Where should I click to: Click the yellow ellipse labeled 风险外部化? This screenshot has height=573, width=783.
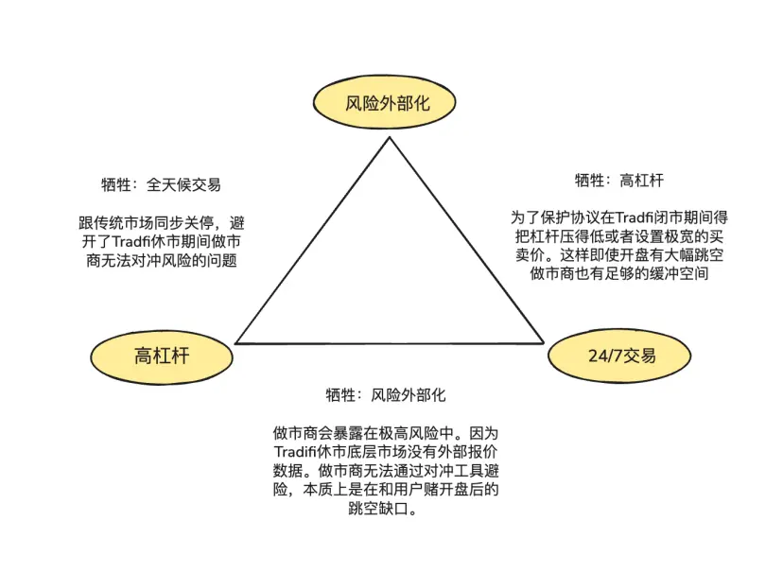click(387, 103)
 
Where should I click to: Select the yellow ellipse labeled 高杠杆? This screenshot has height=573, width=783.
click(162, 356)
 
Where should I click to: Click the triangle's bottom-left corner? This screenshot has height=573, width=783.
click(235, 342)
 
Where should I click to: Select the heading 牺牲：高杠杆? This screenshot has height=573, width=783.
click(619, 180)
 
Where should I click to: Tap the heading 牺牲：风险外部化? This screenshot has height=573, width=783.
click(386, 394)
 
